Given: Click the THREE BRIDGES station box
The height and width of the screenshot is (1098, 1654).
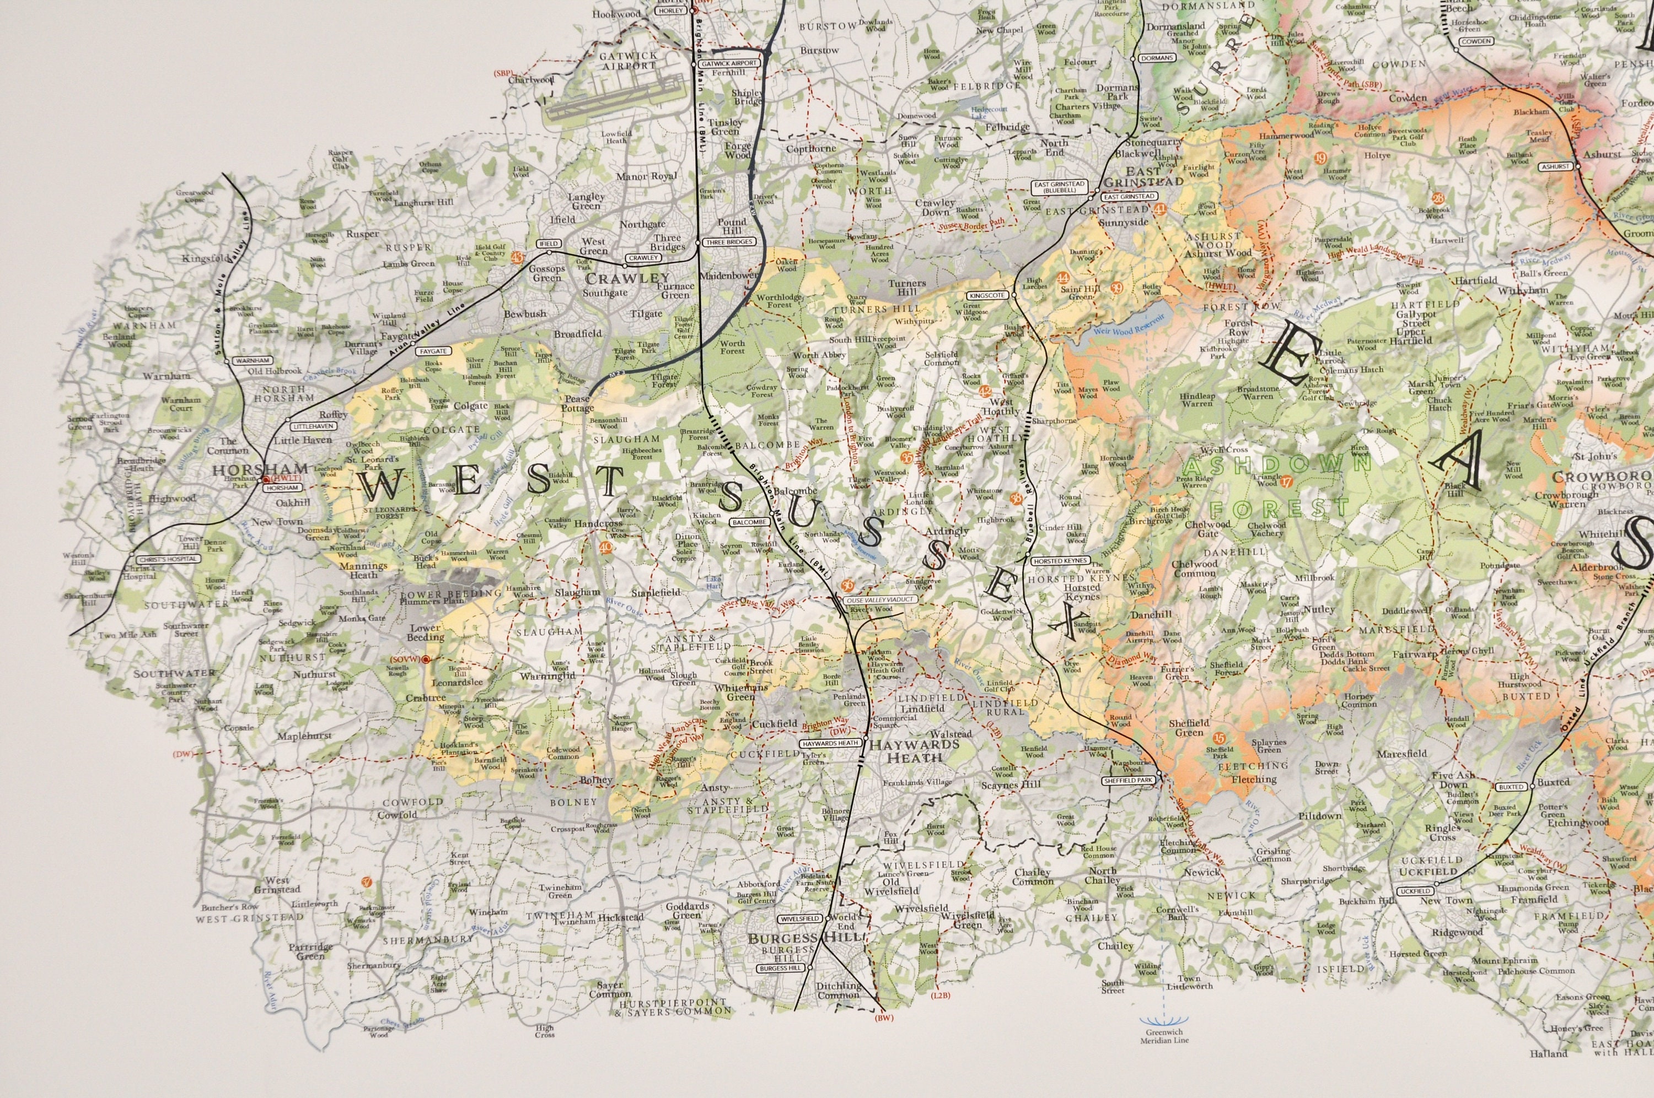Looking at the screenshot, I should tap(729, 242).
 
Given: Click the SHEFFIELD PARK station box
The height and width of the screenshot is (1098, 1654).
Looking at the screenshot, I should tap(1127, 780).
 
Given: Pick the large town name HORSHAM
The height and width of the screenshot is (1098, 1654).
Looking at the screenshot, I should tap(260, 469).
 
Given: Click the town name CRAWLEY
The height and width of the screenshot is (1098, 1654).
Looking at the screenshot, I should tap(628, 278).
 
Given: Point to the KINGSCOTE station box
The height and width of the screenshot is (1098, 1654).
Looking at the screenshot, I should tap(988, 295).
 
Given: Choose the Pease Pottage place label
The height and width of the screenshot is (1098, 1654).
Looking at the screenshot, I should tap(577, 403).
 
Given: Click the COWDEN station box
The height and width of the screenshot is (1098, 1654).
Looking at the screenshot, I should tap(1476, 42).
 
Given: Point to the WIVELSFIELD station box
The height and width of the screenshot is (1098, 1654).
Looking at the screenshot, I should tap(799, 918).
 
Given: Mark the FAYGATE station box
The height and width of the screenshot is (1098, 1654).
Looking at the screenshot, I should tap(433, 351).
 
